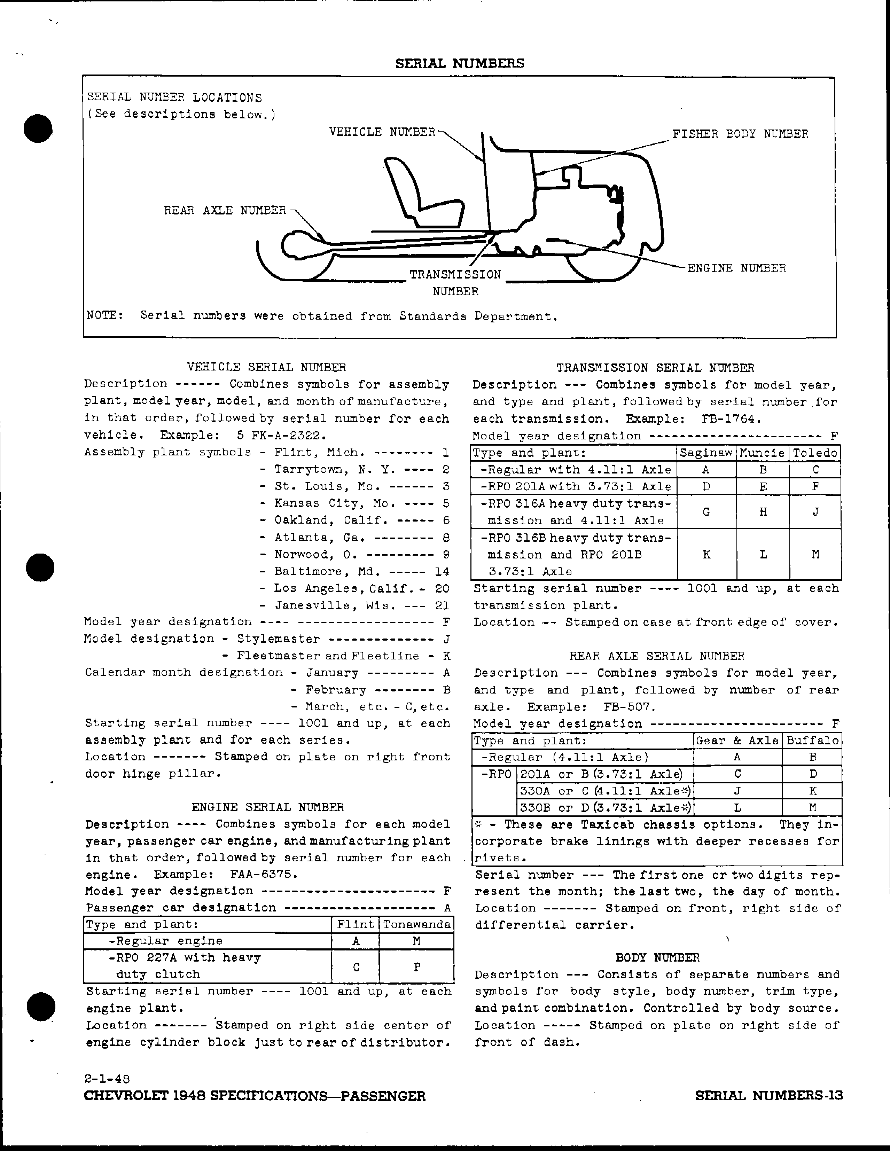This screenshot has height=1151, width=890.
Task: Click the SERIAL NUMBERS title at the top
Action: [460, 64]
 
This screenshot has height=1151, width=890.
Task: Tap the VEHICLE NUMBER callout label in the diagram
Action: [382, 132]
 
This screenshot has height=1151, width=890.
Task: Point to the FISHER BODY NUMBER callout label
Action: [740, 134]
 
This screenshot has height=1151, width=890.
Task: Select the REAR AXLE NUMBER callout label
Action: [225, 210]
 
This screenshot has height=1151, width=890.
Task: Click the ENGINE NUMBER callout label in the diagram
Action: [736, 268]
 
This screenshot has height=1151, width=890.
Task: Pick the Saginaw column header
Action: [706, 453]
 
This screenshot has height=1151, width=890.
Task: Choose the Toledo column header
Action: [815, 453]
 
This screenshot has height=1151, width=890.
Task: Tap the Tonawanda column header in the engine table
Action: [416, 924]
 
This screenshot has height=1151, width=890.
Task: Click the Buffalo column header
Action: [812, 741]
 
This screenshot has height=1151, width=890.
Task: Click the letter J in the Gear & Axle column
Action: [737, 791]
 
